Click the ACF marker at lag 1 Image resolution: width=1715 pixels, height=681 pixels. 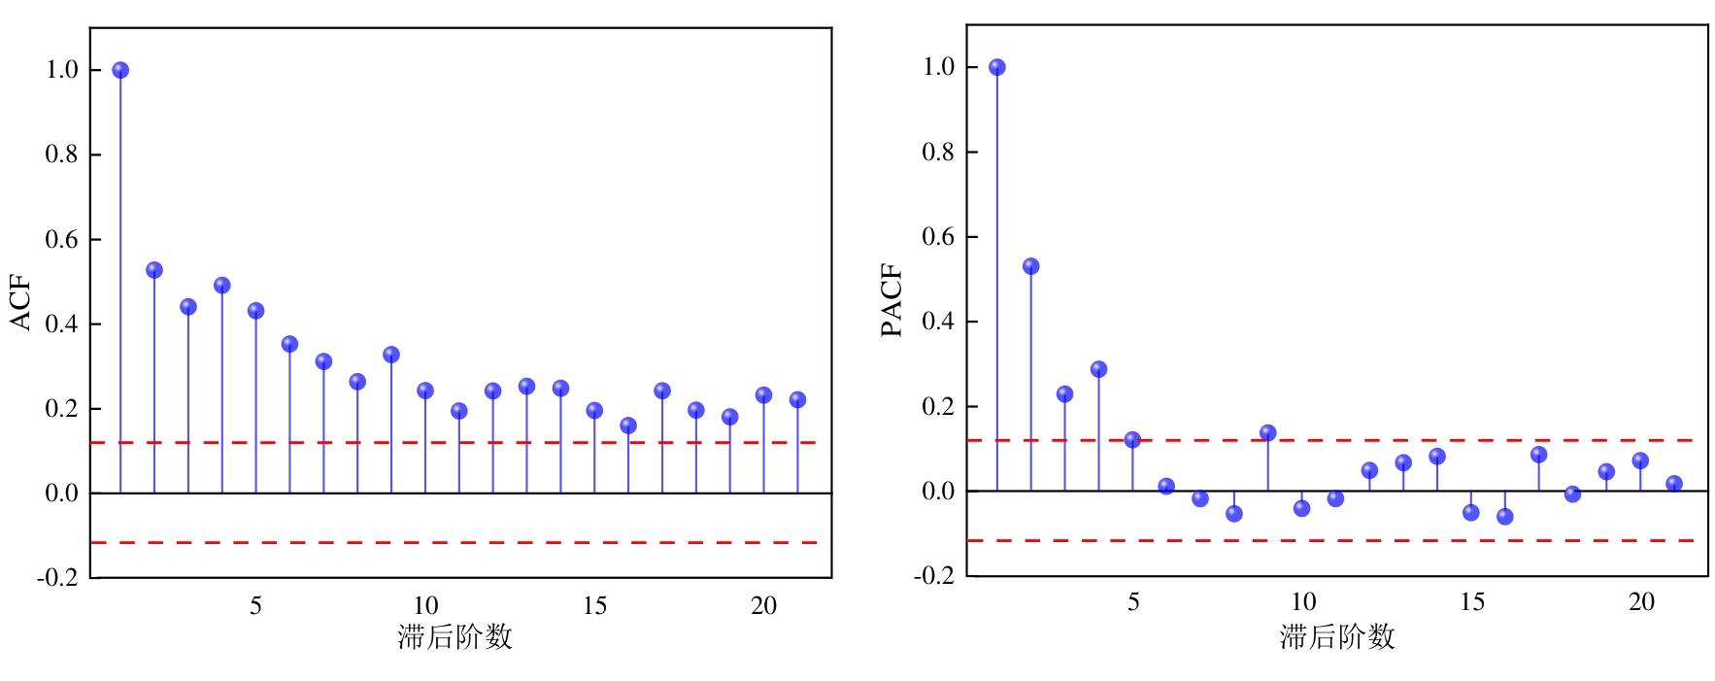coord(120,70)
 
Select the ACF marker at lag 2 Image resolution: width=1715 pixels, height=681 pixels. coord(154,270)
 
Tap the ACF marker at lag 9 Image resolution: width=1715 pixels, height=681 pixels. coord(391,355)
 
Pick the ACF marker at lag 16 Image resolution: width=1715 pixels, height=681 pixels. coord(628,426)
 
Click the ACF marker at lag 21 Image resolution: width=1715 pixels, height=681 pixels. coord(797,399)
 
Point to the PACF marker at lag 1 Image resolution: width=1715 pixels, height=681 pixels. coord(997,67)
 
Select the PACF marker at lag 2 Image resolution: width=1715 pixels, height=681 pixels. coord(1031,266)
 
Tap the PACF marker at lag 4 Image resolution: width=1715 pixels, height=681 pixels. coord(1098,369)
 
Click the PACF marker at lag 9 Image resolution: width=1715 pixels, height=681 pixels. coord(1267,432)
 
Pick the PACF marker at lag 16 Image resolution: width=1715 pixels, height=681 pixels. coord(1504,517)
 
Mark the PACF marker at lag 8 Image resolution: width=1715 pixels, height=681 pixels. coord(1234,513)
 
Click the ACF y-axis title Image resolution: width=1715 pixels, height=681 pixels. coord(21,303)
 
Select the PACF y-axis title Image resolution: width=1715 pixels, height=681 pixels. coord(891,300)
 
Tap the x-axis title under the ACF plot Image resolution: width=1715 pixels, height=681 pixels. coord(454,637)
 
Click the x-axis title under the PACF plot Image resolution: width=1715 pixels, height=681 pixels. coord(1336,637)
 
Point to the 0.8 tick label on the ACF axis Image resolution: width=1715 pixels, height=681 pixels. coord(61,154)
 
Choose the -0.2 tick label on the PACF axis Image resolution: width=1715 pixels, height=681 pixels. coord(933,575)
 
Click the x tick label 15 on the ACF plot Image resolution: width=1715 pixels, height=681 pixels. coord(594,606)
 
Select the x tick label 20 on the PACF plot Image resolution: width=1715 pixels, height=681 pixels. coord(1641,602)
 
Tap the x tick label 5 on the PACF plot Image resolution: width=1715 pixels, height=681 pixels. coord(1133,602)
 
